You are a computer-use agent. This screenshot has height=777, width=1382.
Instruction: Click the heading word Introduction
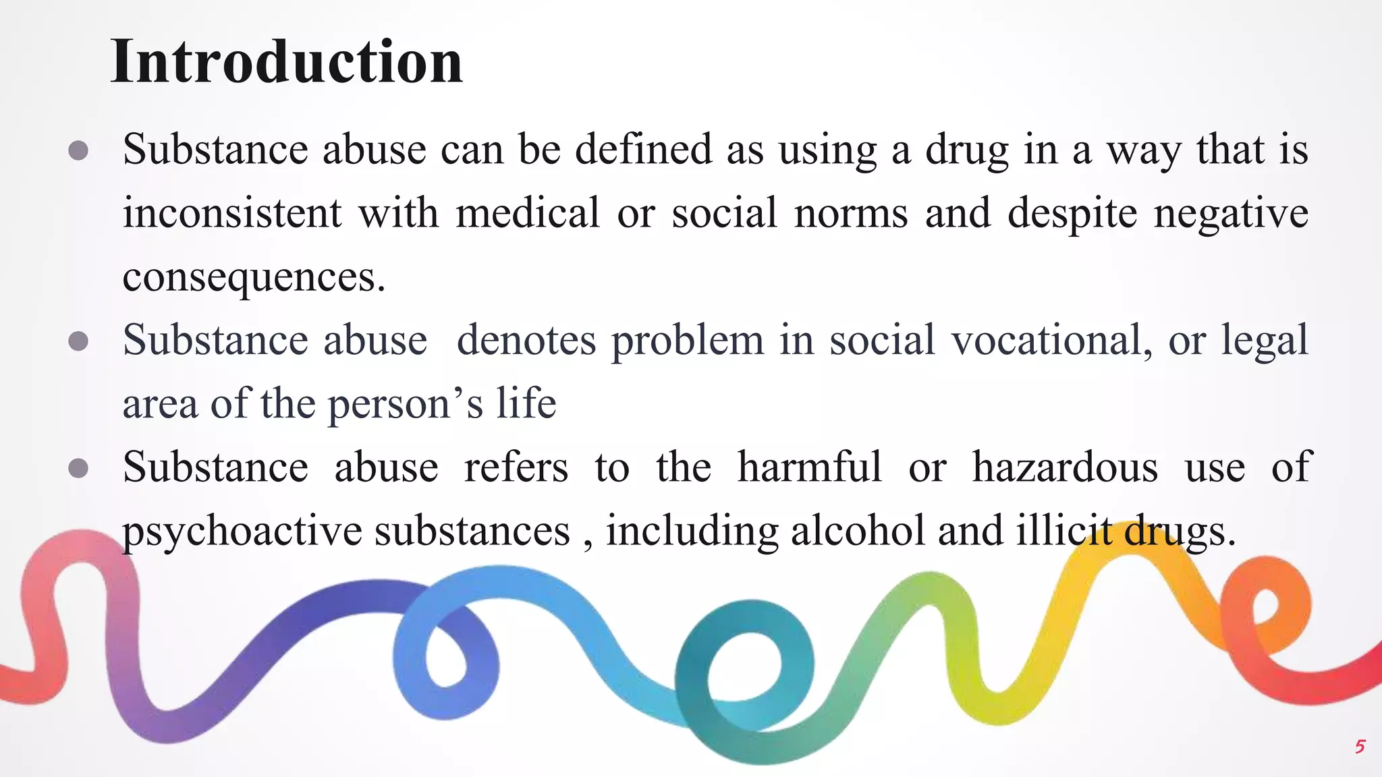pos(287,62)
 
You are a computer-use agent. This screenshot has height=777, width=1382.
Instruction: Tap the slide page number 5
pos(1360,747)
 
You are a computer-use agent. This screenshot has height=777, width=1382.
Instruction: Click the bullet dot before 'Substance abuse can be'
pos(78,150)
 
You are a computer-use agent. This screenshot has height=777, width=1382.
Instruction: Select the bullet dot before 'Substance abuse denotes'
pos(78,341)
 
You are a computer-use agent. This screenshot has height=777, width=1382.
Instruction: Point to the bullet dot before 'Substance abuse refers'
pos(78,468)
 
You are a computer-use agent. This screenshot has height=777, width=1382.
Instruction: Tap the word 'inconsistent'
pos(232,213)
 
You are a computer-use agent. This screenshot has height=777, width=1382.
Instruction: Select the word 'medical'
pos(528,213)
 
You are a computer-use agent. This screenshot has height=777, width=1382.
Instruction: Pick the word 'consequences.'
pos(254,277)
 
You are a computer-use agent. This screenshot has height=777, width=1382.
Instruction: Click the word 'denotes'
pos(526,340)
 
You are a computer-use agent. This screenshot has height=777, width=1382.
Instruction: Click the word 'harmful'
pos(809,467)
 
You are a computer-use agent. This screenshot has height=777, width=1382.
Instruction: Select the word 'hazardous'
pos(1065,467)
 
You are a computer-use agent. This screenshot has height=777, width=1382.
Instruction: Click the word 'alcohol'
pos(858,531)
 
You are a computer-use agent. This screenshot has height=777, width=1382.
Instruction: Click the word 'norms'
pos(851,213)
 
